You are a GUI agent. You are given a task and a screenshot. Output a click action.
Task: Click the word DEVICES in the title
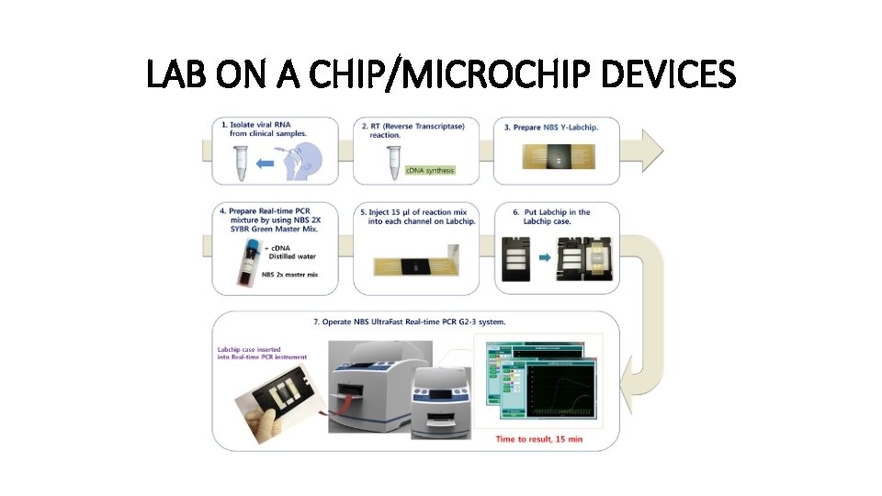click(668, 74)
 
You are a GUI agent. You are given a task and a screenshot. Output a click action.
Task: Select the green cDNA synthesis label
click(430, 170)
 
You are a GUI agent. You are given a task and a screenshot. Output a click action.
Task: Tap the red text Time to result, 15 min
click(538, 439)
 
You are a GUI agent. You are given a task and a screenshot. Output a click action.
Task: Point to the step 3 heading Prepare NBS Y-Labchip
click(550, 127)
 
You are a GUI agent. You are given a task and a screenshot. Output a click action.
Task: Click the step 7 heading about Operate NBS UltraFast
click(408, 321)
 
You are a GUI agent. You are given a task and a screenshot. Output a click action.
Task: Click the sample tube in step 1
click(242, 163)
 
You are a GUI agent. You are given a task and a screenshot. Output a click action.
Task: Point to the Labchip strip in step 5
click(417, 267)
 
